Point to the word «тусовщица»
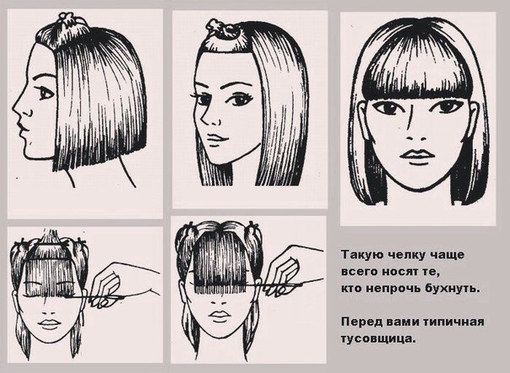379,339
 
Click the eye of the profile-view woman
46,93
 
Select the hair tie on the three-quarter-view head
223,28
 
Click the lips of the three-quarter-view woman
216,138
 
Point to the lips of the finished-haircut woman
417,155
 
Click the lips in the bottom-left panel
49,323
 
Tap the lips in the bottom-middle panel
218,316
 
